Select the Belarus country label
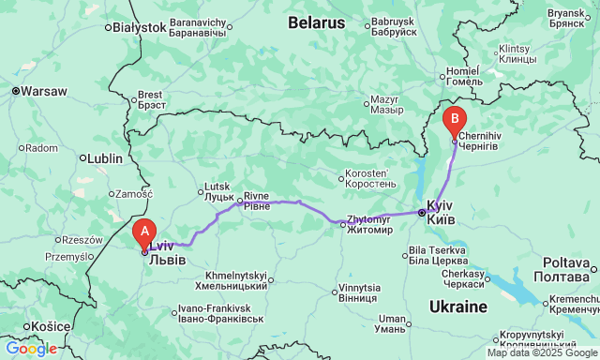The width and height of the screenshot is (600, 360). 316,21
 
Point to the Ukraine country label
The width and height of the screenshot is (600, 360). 458,307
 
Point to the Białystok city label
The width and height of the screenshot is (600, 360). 139,28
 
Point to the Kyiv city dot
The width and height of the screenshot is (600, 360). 422,213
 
